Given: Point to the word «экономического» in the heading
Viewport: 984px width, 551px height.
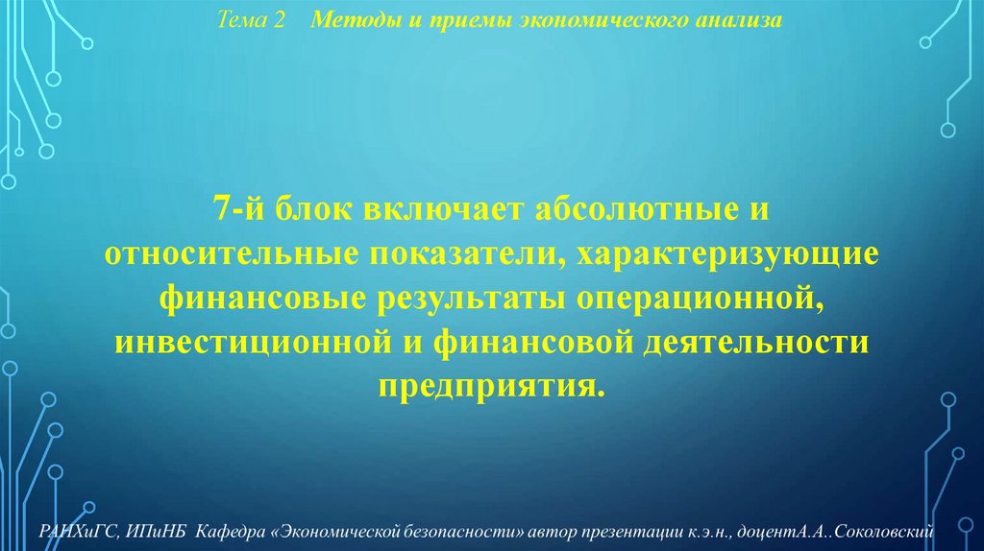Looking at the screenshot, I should (592, 20).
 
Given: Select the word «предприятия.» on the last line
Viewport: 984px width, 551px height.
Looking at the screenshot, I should (492, 387).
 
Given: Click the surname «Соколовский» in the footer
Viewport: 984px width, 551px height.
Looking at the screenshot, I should (903, 531).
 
